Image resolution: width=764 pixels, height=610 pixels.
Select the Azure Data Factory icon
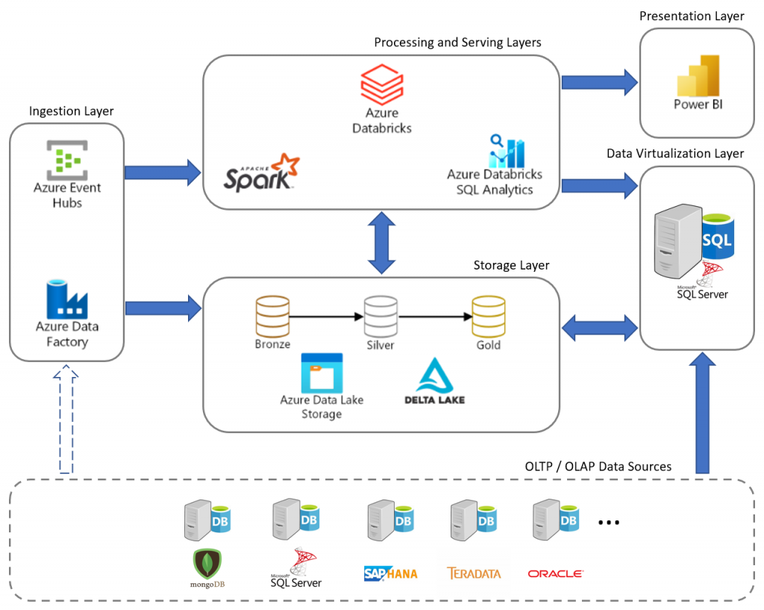(66, 299)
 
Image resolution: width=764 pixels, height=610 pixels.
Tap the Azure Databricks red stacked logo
(382, 84)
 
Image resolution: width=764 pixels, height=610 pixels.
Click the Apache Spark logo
(262, 172)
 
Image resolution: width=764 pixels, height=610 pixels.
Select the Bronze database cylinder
(272, 317)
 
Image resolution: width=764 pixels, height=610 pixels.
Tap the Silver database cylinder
(381, 317)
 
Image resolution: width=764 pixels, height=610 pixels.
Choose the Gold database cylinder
(489, 317)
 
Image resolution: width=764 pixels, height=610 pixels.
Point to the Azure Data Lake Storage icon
(322, 373)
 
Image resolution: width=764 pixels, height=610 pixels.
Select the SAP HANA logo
(390, 573)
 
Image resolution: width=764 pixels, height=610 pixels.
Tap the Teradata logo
(474, 573)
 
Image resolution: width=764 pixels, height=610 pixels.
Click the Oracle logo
(555, 573)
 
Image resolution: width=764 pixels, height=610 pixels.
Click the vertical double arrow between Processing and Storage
(381, 243)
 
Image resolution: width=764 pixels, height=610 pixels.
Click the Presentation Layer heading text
(692, 16)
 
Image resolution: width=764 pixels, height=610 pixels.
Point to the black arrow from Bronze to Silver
(326, 317)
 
